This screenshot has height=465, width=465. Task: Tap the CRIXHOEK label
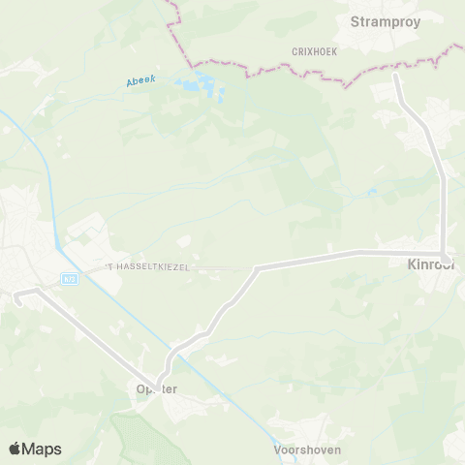[314, 51]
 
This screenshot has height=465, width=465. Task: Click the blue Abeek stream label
[140, 82]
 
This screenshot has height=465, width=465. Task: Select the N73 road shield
[70, 278]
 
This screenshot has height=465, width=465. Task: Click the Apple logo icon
[15, 448]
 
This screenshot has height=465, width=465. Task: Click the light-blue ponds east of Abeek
[208, 87]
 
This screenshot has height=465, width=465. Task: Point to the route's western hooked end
[16, 294]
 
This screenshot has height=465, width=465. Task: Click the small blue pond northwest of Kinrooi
[372, 192]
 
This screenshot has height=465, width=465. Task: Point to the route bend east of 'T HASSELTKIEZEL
[256, 267]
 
